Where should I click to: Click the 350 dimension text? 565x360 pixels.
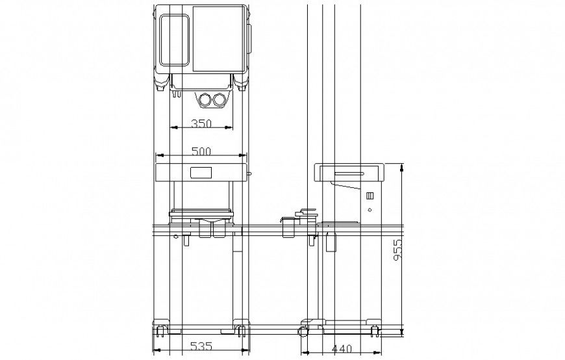point(201,123)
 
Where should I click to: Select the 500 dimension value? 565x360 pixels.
point(201,151)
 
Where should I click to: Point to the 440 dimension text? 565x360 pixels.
point(342,349)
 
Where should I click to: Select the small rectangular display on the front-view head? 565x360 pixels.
point(201,173)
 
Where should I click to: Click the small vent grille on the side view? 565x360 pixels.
point(370,196)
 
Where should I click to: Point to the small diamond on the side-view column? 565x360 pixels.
point(370,210)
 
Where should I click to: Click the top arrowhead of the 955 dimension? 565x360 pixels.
point(402,167)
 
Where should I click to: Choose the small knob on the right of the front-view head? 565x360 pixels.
point(249,174)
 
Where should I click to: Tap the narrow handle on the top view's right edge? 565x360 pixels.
point(249,40)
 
